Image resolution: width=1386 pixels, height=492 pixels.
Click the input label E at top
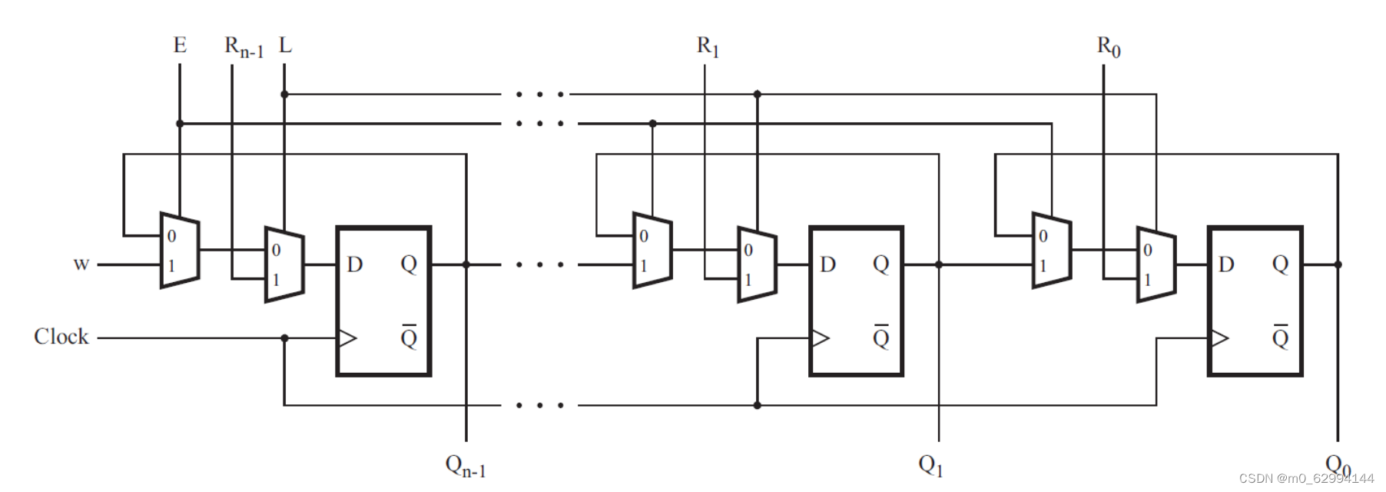pyautogui.click(x=180, y=45)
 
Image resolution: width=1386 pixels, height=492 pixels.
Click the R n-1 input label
pyautogui.click(x=244, y=47)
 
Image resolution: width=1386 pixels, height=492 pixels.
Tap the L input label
pyautogui.click(x=285, y=45)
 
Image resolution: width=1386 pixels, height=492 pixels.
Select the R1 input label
pyautogui.click(x=708, y=47)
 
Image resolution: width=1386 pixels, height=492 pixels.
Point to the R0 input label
pyautogui.click(x=1108, y=47)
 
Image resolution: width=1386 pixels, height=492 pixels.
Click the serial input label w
pyautogui.click(x=81, y=264)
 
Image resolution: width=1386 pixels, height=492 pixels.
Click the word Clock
pyautogui.click(x=61, y=337)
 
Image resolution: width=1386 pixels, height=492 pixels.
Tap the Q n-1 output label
pyautogui.click(x=466, y=466)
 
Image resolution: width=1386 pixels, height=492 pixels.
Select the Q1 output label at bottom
pyautogui.click(x=930, y=465)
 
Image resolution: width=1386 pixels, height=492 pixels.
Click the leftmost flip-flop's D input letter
pyautogui.click(x=354, y=264)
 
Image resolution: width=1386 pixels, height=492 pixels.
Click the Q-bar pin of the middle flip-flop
pyautogui.click(x=880, y=337)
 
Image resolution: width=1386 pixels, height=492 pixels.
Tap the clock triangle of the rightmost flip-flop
pyautogui.click(x=1219, y=337)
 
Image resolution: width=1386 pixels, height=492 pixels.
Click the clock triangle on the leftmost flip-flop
pyautogui.click(x=347, y=337)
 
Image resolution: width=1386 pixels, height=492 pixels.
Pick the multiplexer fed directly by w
pyautogui.click(x=180, y=251)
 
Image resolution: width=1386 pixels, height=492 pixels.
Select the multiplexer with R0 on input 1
pyautogui.click(x=1156, y=264)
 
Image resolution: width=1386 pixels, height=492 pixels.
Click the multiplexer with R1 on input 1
pyautogui.click(x=757, y=264)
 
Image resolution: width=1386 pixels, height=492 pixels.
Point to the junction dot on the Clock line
pyautogui.click(x=284, y=337)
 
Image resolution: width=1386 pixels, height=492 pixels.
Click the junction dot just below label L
pyautogui.click(x=284, y=95)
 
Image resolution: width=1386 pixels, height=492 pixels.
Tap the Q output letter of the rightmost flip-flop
pyautogui.click(x=1280, y=264)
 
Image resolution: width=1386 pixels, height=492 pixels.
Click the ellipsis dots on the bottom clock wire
pyautogui.click(x=540, y=405)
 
